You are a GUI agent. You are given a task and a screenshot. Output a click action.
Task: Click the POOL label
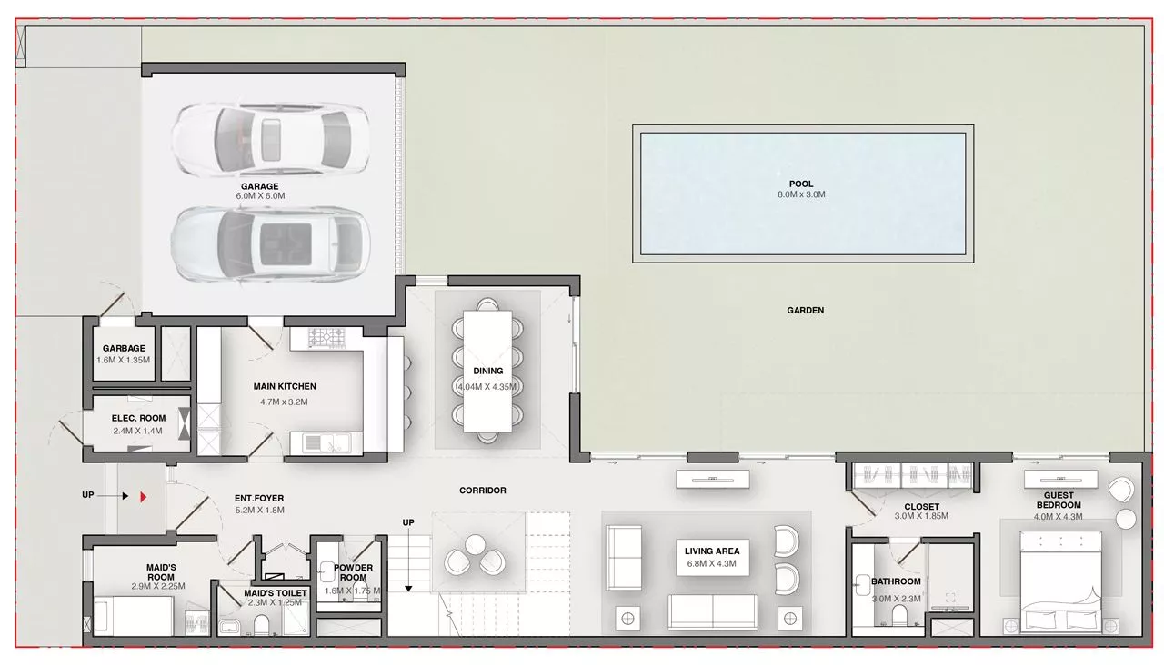click(801, 184)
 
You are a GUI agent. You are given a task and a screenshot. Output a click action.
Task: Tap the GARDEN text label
click(805, 311)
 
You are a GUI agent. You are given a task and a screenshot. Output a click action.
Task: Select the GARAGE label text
click(260, 186)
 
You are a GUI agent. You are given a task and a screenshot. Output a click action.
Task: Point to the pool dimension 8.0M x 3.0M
click(801, 194)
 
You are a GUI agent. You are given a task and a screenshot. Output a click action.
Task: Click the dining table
click(487, 372)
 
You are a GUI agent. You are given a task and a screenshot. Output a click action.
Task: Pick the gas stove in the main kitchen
click(326, 337)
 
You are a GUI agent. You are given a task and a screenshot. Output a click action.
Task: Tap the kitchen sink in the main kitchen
click(326, 442)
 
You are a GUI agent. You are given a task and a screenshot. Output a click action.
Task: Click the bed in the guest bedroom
click(1060, 582)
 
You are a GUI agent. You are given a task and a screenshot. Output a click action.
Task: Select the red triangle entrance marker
click(144, 497)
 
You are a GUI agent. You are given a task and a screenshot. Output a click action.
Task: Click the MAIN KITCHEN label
click(285, 387)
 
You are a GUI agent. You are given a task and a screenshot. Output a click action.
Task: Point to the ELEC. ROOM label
click(138, 419)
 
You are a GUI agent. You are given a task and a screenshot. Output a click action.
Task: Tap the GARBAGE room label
click(124, 348)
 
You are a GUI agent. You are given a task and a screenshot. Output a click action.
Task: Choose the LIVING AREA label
click(712, 551)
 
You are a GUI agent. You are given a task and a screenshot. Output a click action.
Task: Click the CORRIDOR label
click(483, 491)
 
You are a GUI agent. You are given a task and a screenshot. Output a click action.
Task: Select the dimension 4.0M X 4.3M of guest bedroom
click(1058, 517)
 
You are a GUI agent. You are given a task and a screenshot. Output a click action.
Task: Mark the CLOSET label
click(922, 507)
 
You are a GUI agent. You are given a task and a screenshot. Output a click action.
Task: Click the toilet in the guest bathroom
click(899, 615)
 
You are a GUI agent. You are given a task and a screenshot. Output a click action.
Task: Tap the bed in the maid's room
click(133, 616)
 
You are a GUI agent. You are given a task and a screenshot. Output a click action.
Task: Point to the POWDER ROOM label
click(354, 572)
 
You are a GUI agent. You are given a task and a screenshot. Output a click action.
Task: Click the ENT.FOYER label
click(259, 499)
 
